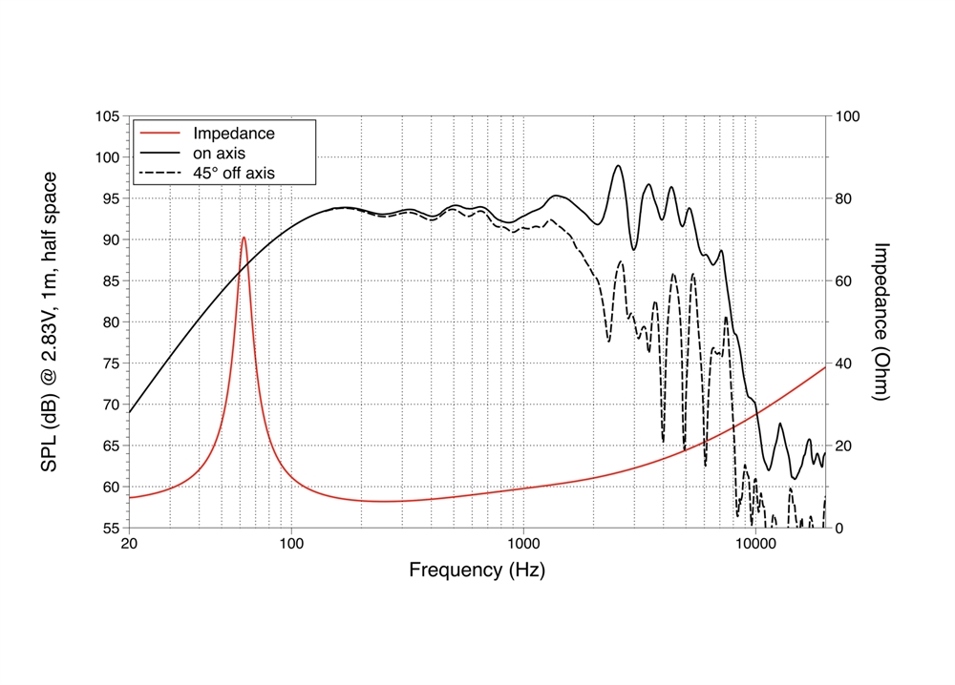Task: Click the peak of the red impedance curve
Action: click(244, 238)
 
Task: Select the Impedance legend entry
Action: click(233, 134)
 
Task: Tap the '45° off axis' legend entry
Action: click(233, 173)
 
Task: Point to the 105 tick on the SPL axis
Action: click(107, 116)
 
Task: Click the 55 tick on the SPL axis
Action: click(111, 528)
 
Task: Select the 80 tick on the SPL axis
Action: click(111, 322)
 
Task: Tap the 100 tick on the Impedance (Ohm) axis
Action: click(847, 116)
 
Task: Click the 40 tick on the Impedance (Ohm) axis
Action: click(843, 363)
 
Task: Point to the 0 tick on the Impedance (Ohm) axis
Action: click(839, 528)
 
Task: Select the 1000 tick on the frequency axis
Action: click(523, 546)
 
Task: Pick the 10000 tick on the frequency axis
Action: click(754, 546)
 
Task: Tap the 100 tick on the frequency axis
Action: click(291, 546)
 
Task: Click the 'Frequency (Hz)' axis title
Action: click(477, 571)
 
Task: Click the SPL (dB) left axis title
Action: click(50, 322)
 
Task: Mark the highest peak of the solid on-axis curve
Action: click(619, 166)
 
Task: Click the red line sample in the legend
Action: click(159, 134)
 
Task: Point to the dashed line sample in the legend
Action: click(159, 173)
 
